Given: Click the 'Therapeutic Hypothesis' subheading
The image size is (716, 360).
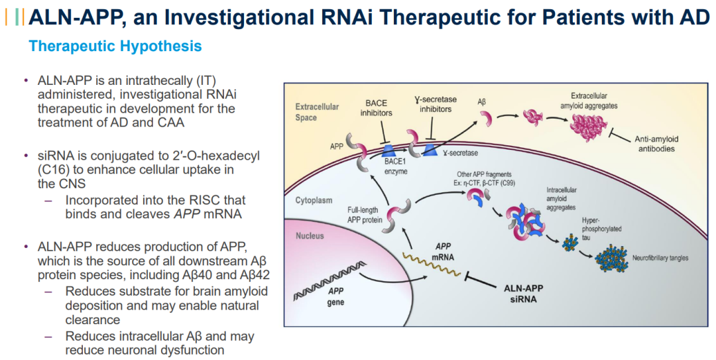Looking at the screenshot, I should (115, 46).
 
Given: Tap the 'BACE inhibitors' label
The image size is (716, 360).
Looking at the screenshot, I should (376, 108).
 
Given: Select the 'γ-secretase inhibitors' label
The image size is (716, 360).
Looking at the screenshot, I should (435, 104).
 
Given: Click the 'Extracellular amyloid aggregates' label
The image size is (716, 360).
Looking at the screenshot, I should (589, 101).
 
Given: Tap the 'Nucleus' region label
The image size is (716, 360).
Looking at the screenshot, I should (310, 235).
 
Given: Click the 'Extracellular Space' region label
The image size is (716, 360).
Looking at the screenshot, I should (317, 112).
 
